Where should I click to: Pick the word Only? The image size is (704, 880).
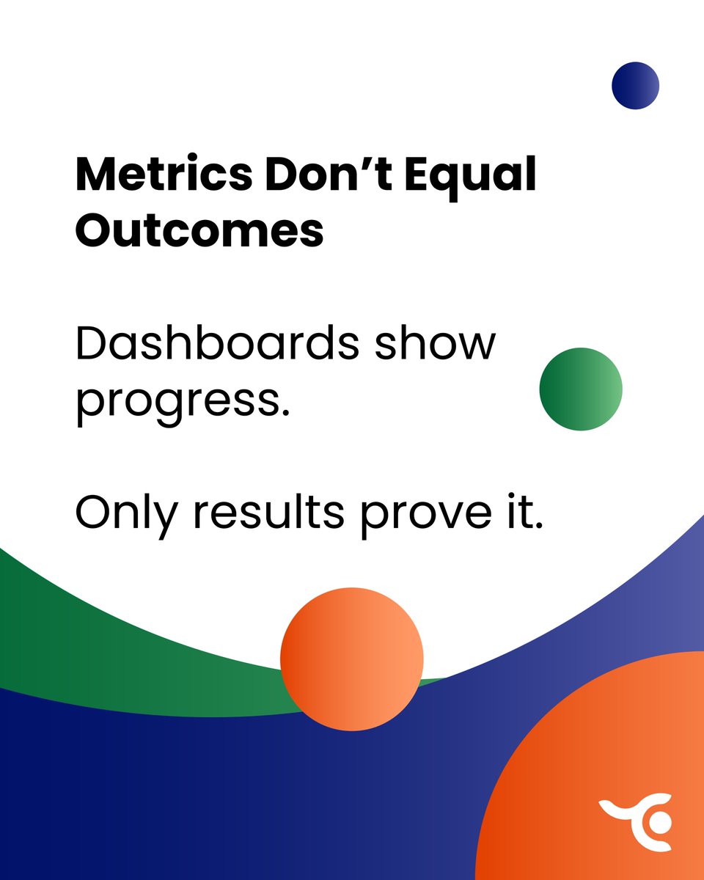pyautogui.click(x=127, y=513)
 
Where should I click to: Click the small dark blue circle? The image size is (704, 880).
pyautogui.click(x=636, y=86)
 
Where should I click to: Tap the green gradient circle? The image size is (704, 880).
pyautogui.click(x=580, y=389)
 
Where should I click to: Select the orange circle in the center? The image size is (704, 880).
pyautogui.click(x=352, y=659)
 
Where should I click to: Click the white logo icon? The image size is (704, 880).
pyautogui.click(x=637, y=821)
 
